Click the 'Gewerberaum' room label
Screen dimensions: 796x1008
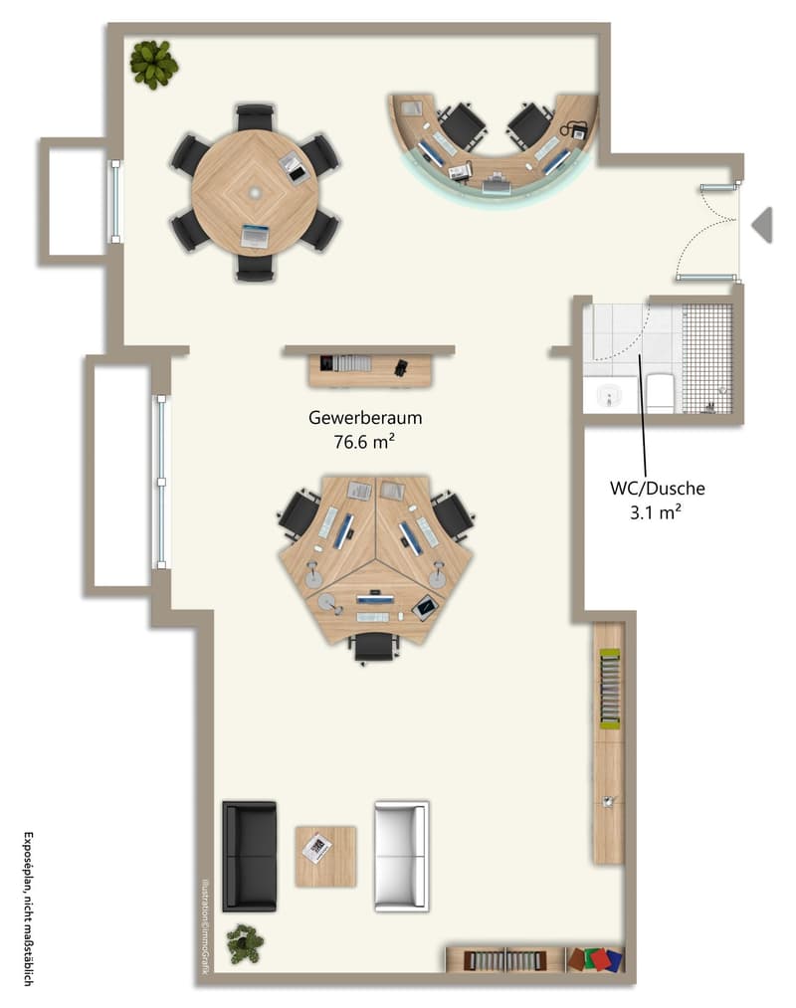coord(365,418)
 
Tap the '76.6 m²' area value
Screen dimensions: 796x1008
coord(364,442)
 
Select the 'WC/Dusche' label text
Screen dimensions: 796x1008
coord(657,488)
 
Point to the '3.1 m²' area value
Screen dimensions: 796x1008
coord(656,512)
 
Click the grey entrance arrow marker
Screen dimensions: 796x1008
coord(762,225)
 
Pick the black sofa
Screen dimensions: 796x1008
coord(250,857)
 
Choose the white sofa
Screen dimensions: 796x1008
coord(402,857)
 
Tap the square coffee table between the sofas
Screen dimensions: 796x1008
coord(325,857)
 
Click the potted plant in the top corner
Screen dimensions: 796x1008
coord(153,65)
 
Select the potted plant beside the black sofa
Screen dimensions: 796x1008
coord(245,943)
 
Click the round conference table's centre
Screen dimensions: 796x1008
coord(255,192)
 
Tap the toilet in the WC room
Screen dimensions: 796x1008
coord(659,393)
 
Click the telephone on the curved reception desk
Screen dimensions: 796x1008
coord(574,130)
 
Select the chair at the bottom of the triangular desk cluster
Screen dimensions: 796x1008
coord(373,647)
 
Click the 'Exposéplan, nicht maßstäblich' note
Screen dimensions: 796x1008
coord(28,909)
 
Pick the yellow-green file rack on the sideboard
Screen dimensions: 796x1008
coord(610,689)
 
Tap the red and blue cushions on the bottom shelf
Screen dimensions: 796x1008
coord(596,960)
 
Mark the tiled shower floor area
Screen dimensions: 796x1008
coord(706,358)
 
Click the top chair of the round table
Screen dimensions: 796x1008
coord(256,117)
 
